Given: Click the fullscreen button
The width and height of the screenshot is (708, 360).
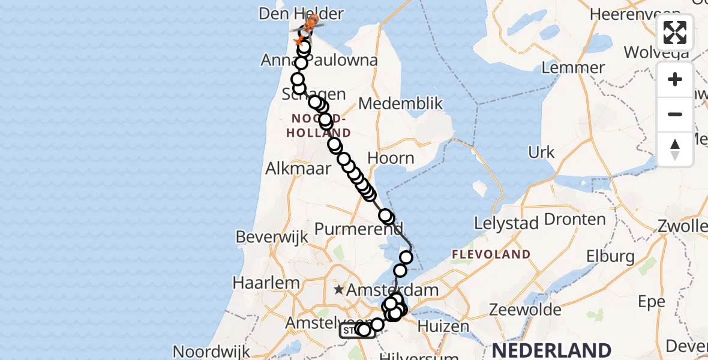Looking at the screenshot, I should pos(675,32).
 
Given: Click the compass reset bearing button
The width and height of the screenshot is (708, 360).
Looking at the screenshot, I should pos(675,149).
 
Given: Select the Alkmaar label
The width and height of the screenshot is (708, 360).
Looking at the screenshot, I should pos(299,168).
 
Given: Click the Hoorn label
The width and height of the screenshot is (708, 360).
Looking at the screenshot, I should pos(391,158).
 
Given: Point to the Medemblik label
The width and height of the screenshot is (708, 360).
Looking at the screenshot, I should pos(400,104).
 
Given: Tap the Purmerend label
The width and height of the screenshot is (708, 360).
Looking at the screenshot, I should pos(359,229).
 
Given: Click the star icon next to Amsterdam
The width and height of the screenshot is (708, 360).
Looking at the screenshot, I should pos(339,290).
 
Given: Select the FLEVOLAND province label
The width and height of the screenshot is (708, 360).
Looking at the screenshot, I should pos(491,254).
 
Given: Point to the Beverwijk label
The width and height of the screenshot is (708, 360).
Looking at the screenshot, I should pos(272,237).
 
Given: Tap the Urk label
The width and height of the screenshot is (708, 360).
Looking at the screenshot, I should pos(542,152).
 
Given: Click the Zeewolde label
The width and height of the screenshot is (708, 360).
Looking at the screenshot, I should pos(517,310).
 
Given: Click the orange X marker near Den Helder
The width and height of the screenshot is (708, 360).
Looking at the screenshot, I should pos(298,40).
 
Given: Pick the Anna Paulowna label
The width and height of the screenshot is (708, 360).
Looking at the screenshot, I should pos(319,60).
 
